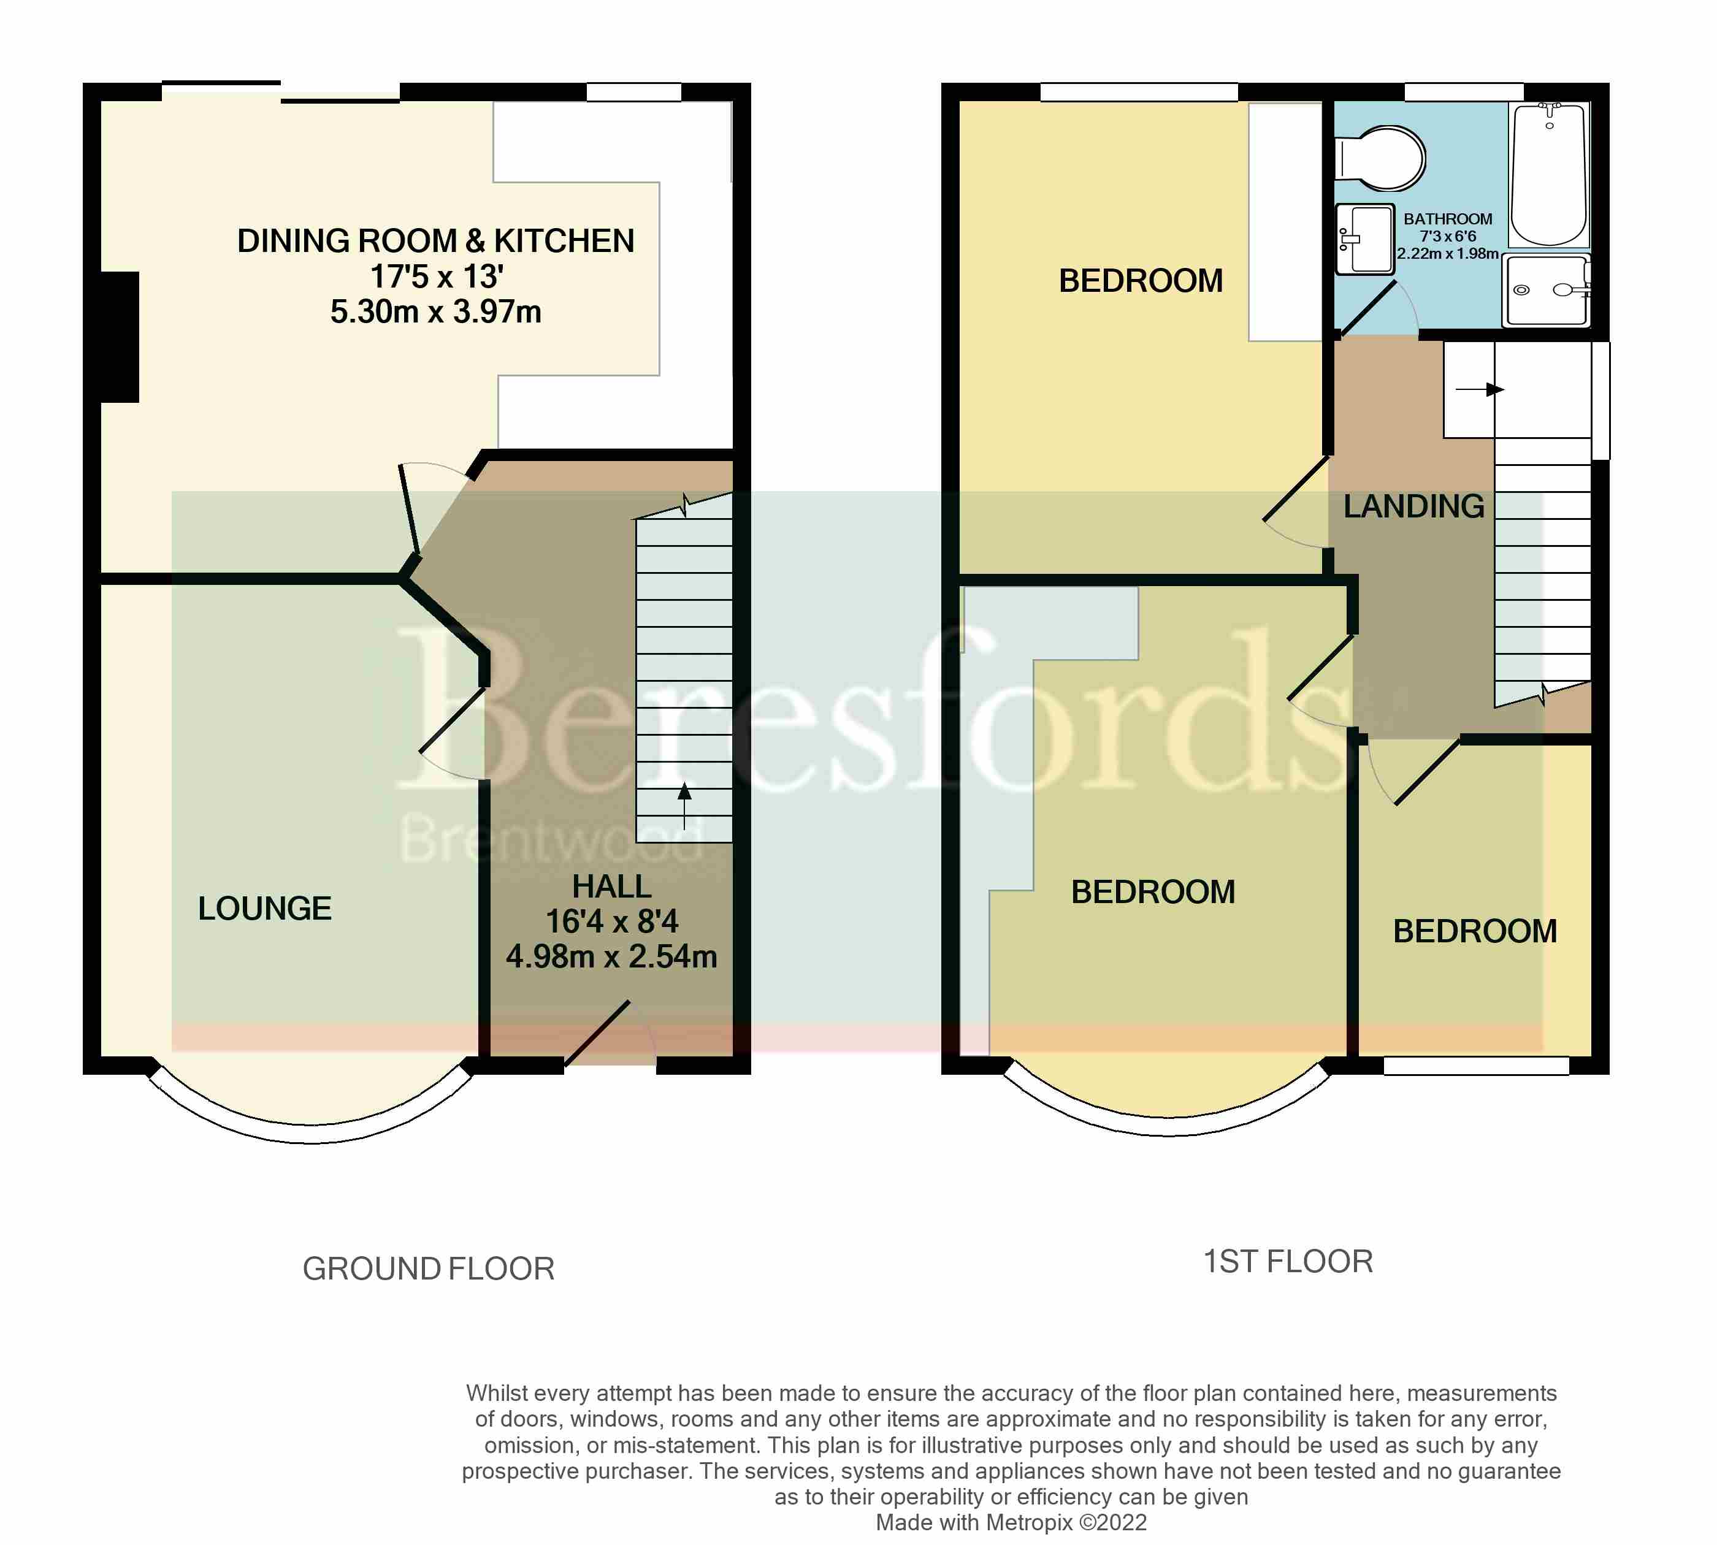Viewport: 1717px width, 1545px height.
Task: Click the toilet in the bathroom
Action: click(1382, 159)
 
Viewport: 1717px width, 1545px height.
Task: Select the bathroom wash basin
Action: click(1364, 238)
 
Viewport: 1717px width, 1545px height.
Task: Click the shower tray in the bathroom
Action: click(1545, 291)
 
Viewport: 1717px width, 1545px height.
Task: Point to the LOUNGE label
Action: click(264, 909)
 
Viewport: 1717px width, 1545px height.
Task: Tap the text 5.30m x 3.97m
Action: click(435, 311)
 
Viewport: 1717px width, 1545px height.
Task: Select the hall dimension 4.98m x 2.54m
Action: click(611, 956)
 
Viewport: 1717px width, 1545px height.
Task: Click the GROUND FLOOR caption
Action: click(428, 1268)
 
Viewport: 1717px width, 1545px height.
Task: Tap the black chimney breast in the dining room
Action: click(120, 337)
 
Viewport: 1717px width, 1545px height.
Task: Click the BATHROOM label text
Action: click(1447, 219)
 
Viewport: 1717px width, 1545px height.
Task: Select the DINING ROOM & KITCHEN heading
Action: click(435, 241)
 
